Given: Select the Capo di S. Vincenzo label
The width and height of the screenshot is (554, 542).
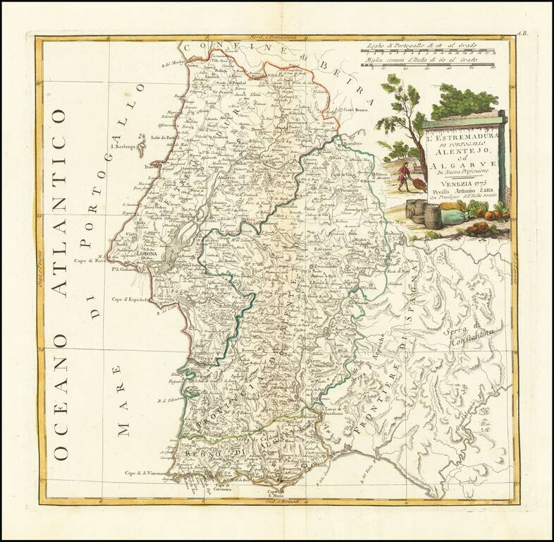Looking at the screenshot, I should coord(145,473).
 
